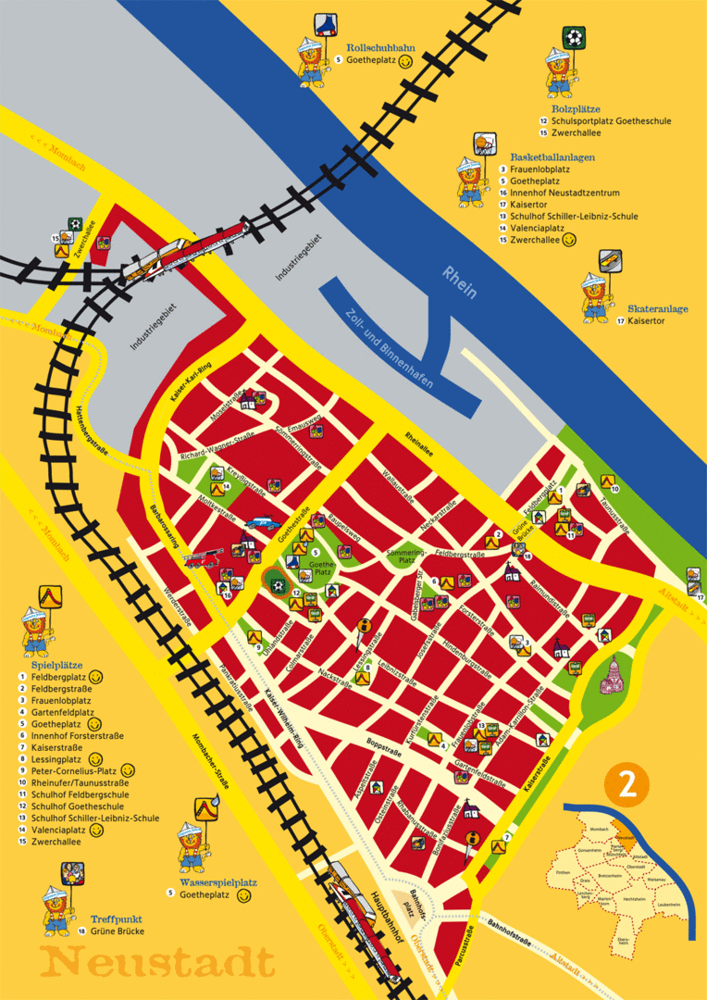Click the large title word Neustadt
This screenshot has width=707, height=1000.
[158, 960]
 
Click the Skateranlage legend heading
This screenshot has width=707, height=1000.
[658, 309]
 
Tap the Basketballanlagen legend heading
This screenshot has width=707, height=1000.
[552, 157]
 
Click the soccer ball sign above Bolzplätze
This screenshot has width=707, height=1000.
[575, 39]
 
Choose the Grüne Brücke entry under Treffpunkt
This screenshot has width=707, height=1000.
[117, 931]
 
